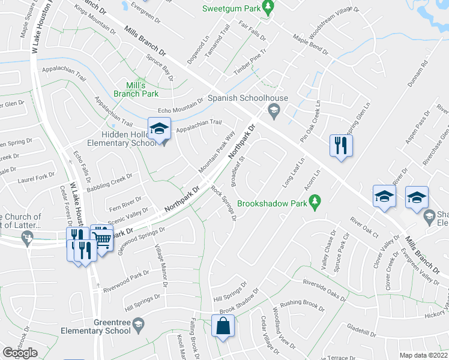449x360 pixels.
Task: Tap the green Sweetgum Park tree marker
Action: click(x=270, y=8)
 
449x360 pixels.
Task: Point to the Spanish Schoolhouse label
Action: click(x=248, y=98)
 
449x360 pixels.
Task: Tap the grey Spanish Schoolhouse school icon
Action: click(x=274, y=109)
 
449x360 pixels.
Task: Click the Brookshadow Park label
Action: click(x=272, y=203)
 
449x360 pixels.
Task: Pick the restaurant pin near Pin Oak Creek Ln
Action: click(x=340, y=146)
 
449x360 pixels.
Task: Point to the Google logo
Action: click(x=20, y=353)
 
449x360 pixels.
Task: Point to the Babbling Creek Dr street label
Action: click(x=112, y=182)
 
